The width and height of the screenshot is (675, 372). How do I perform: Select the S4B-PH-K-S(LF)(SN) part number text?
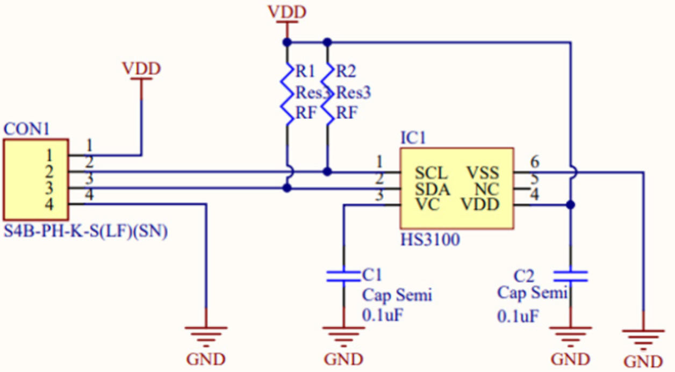pos(85,232)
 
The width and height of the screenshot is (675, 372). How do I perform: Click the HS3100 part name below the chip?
pos(430,240)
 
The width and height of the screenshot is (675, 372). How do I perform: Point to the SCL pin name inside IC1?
pos(430,173)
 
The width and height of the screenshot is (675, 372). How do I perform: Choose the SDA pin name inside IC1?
pos(432,189)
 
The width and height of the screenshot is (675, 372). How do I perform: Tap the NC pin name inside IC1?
pos(487,189)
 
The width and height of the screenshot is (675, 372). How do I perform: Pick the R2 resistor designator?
pos(347,71)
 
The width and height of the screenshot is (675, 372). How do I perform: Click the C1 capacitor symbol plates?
pos(342,276)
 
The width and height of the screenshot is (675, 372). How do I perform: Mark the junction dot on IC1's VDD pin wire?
pos(570,205)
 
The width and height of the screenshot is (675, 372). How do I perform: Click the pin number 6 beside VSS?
pos(534,162)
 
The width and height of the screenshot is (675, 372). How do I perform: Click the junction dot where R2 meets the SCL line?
pos(326,171)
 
